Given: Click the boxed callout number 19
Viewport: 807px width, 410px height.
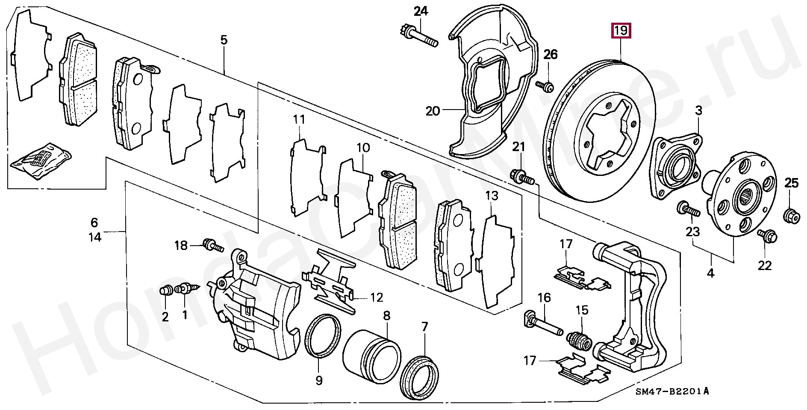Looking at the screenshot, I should (x=621, y=31).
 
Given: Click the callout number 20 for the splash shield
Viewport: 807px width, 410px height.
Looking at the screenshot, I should (x=433, y=111).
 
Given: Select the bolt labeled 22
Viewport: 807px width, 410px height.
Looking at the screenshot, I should (x=767, y=235).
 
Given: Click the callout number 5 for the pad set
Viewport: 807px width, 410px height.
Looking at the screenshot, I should (x=224, y=40).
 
